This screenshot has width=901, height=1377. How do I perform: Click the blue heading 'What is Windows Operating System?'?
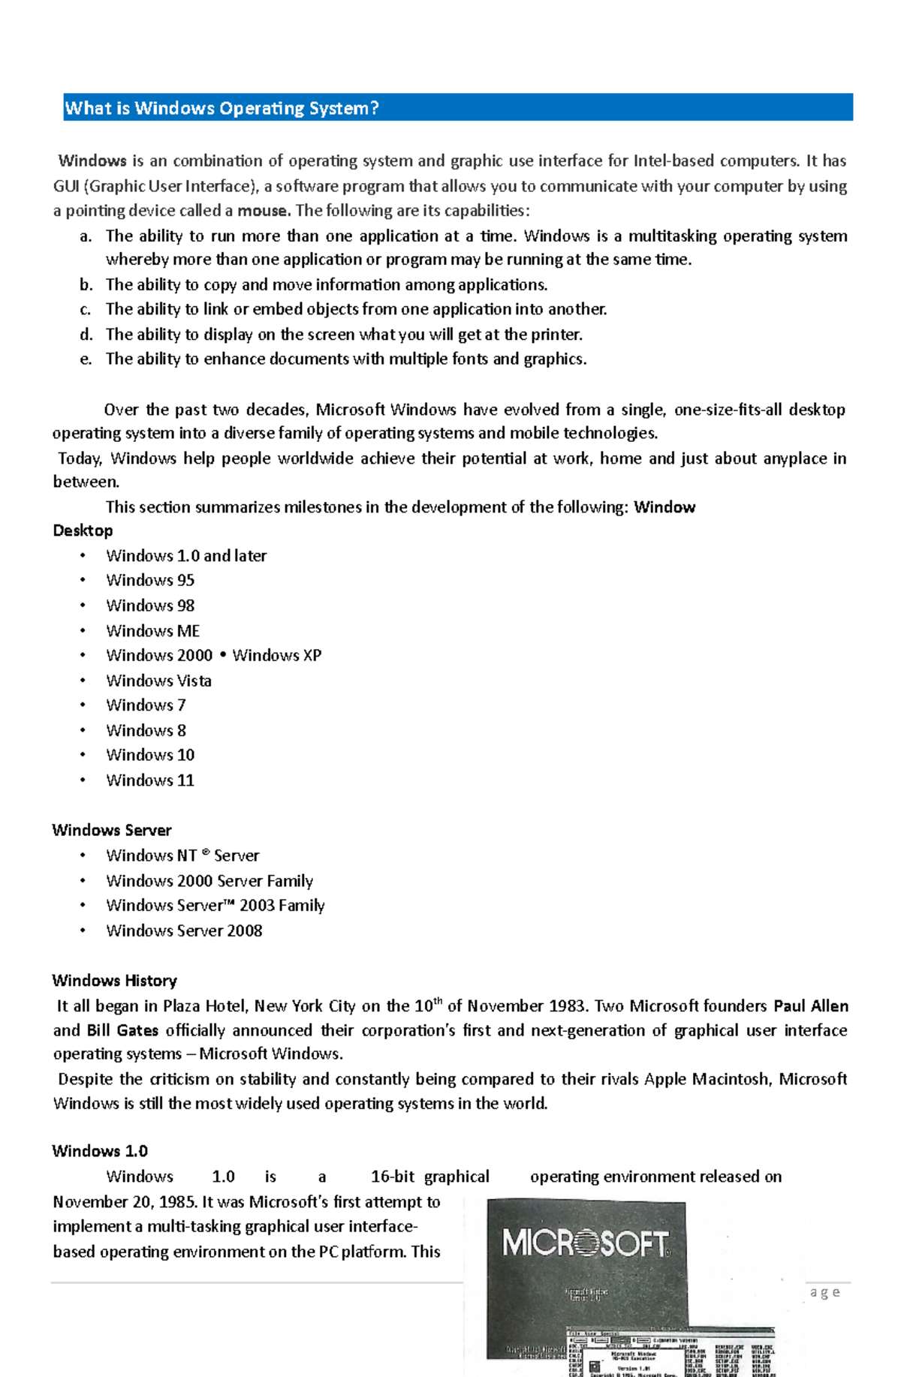(x=222, y=108)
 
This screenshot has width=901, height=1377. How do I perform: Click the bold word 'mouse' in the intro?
(x=263, y=211)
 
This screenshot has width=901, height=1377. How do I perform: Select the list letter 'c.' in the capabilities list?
(x=86, y=309)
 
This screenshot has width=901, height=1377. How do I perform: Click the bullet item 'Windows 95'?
(x=150, y=580)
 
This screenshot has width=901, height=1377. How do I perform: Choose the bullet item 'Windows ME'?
(x=152, y=631)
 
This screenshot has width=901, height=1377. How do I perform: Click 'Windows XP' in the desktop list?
(x=276, y=655)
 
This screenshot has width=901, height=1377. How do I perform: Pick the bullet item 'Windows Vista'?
(x=158, y=681)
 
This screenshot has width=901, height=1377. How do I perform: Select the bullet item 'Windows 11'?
(x=150, y=780)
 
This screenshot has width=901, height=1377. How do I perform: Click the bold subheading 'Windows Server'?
(x=112, y=830)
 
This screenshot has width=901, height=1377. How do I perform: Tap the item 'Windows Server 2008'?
(x=184, y=931)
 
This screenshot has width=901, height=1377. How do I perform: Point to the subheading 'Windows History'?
(x=115, y=981)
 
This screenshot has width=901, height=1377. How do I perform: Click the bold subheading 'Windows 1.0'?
(x=100, y=1151)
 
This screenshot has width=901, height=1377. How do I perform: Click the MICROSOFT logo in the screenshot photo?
(x=585, y=1243)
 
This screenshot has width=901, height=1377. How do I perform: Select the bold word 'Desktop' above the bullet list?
(x=83, y=531)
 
